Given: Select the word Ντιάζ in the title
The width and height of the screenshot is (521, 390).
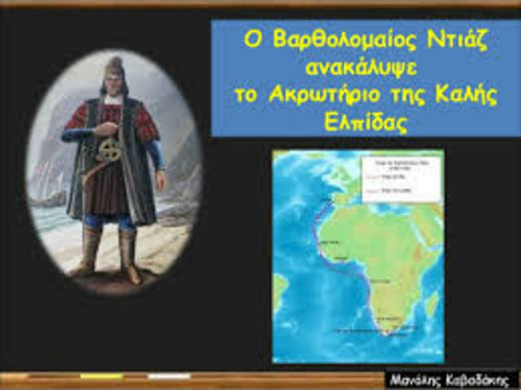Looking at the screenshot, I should (451, 40).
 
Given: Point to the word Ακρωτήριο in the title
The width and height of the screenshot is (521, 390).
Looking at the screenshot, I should (323, 92).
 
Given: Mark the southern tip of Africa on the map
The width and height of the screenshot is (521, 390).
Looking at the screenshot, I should (384, 331).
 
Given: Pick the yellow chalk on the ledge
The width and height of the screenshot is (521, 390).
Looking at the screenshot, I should (101, 377).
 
